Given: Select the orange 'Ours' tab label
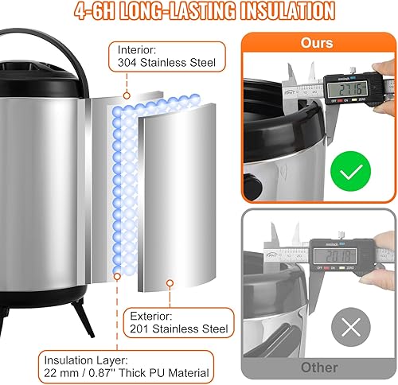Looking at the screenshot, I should pos(318,44).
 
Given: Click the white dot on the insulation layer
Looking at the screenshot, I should pos(118,275).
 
